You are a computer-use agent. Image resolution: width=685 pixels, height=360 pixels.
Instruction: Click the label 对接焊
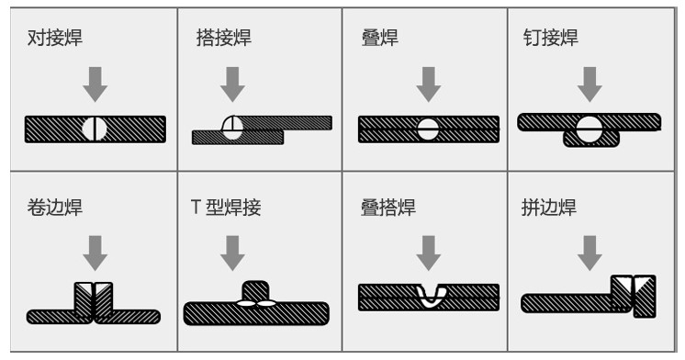54,38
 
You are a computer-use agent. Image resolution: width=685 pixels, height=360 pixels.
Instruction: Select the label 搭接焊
224,38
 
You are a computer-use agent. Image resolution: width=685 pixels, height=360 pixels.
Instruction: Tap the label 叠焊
379,38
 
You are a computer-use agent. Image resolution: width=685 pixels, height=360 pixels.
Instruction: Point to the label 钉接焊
550,38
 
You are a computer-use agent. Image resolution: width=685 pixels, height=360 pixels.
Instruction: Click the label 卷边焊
54,207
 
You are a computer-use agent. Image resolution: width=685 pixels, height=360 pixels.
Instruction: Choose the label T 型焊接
226,207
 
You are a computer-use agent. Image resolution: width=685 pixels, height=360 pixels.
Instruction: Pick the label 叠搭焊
387,207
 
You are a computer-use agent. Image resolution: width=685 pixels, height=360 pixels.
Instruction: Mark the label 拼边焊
549,207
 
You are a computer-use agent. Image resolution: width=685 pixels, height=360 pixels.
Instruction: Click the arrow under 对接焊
95,84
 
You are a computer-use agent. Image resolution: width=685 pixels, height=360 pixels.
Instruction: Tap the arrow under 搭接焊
232,84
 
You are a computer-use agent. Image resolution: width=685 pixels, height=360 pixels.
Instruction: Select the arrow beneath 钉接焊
590,84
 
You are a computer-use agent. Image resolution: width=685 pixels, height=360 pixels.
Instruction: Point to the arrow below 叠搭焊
429,253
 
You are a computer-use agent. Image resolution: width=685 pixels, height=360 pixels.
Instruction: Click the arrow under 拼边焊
590,253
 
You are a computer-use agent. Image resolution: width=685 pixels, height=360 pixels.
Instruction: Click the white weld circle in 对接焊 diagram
95,129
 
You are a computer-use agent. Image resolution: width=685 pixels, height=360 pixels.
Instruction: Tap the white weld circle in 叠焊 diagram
428,129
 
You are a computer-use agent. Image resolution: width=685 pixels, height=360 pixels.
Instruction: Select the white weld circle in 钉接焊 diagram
589,129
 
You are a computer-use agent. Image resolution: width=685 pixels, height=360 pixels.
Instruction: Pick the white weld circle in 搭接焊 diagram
232,128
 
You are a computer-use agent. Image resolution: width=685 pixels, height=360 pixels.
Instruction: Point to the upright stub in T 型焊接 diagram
255,291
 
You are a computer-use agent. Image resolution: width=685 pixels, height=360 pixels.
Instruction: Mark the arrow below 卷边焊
95,253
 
